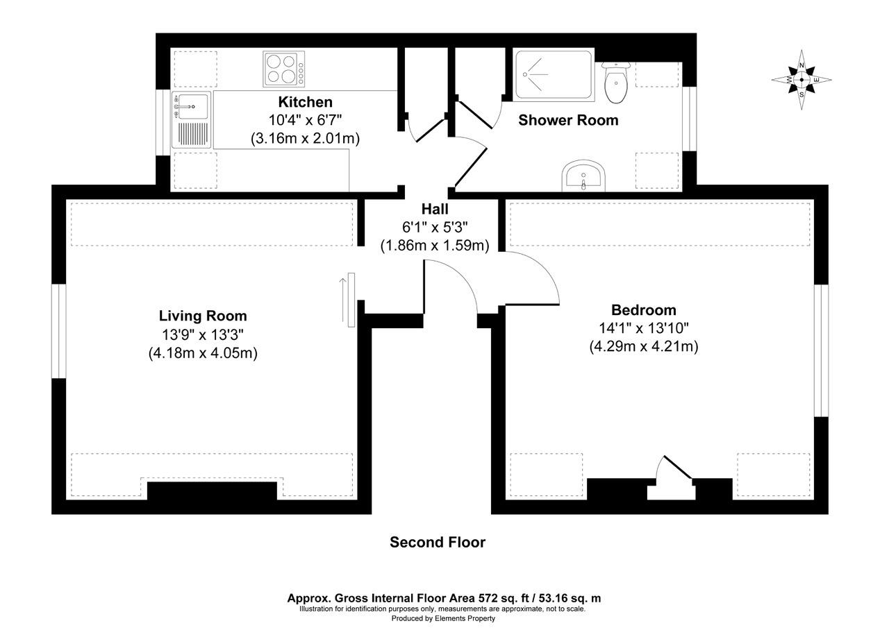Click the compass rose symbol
[x=801, y=79]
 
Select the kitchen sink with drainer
[x=191, y=119]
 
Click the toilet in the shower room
[x=616, y=82]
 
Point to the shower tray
[x=554, y=74]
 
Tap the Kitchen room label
[x=305, y=102]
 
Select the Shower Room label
[x=568, y=120]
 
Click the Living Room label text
[x=203, y=316]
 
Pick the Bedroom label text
[x=643, y=310]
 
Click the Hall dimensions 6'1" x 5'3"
[x=435, y=227]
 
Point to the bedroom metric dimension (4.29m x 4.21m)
[x=643, y=346]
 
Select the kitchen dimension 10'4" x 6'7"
[x=305, y=120]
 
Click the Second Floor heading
[x=437, y=542]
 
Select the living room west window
[x=59, y=332]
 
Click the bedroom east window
[x=821, y=350]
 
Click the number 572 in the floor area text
[x=489, y=597]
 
